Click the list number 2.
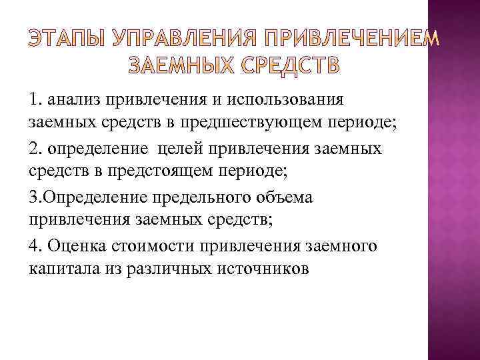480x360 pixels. click(x=36, y=148)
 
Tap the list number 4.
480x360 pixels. click(x=36, y=246)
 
